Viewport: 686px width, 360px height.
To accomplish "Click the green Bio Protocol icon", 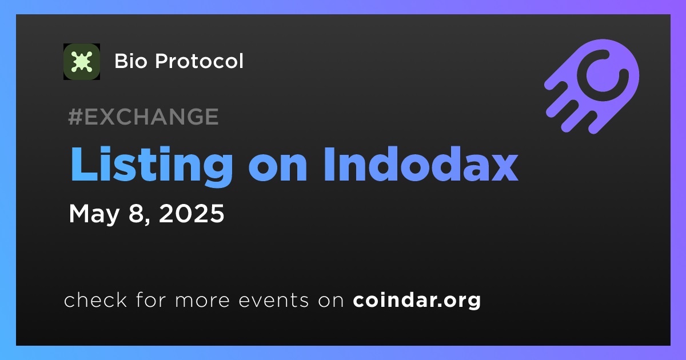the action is [81, 62].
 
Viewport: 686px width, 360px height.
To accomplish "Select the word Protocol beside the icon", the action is [199, 61].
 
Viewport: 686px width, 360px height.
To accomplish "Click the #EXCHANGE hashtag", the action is [143, 117].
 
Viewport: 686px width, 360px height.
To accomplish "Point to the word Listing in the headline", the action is [151, 165].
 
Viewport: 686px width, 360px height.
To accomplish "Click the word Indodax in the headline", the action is [421, 164].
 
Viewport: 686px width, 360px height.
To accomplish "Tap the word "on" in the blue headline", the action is [277, 169].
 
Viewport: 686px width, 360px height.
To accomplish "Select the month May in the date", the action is [94, 214].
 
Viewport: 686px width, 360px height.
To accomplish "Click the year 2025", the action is [192, 213].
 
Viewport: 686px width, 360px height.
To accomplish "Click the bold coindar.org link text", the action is [417, 301].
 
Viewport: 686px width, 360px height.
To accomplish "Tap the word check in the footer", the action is [95, 299].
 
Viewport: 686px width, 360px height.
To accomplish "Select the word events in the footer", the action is [274, 301].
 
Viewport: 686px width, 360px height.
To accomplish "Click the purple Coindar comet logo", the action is [592, 86].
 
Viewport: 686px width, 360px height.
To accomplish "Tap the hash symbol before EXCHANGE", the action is [75, 117].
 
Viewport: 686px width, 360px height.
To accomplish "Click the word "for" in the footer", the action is [151, 299].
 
